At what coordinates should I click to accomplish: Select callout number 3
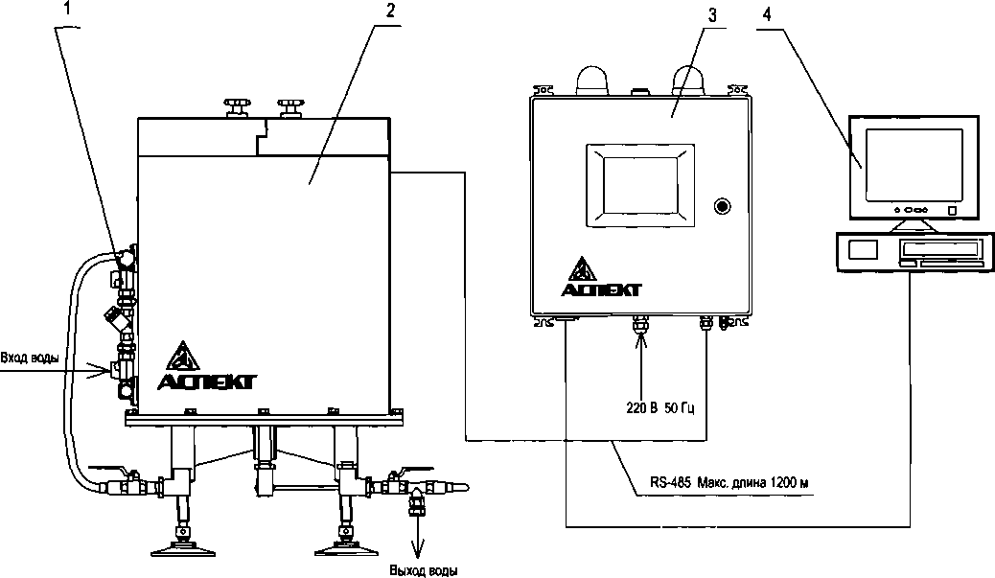(x=712, y=16)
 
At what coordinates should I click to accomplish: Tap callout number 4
(x=767, y=15)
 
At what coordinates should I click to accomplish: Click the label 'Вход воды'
(x=29, y=358)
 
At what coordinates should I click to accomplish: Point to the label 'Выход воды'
(x=424, y=570)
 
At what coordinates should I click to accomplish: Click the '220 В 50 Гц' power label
(x=659, y=408)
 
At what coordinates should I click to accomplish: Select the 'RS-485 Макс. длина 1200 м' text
(x=729, y=482)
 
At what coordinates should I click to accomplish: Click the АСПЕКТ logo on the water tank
(x=206, y=366)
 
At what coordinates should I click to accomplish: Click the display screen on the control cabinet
(x=640, y=185)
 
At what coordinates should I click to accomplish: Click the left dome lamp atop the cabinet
(x=590, y=80)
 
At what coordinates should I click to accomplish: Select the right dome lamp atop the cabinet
(x=689, y=80)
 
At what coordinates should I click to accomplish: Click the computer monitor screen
(x=914, y=164)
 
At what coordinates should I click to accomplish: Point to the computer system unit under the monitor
(x=914, y=251)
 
